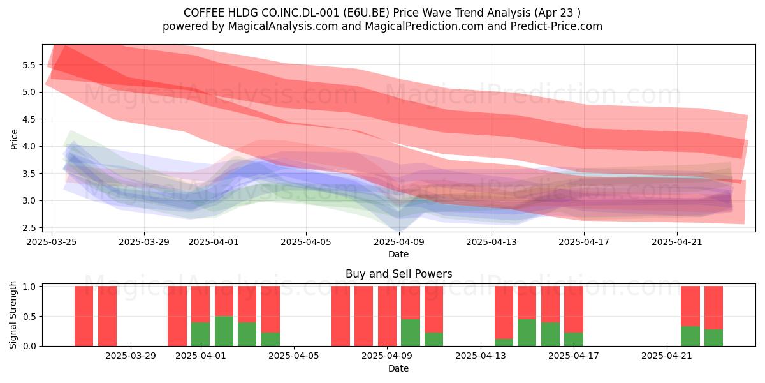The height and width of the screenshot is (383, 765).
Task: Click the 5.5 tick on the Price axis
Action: pyautogui.click(x=29, y=65)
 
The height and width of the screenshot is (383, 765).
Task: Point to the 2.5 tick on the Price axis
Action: pyautogui.click(x=29, y=228)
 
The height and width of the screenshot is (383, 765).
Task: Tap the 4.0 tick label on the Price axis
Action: pyautogui.click(x=29, y=146)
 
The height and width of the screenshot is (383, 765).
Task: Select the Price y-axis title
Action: pyautogui.click(x=14, y=139)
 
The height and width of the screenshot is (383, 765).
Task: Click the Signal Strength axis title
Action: pyautogui.click(x=13, y=315)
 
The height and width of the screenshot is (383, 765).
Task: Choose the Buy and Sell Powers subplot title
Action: pyautogui.click(x=398, y=274)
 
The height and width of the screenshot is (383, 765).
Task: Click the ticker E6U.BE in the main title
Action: pyautogui.click(x=366, y=13)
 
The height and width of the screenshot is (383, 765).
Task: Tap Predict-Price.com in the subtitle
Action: pyautogui.click(x=556, y=26)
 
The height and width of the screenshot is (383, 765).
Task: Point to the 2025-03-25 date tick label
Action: pyautogui.click(x=52, y=242)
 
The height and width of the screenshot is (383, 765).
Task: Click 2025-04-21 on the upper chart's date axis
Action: pyautogui.click(x=677, y=242)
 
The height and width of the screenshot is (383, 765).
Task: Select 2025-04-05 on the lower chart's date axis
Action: pyautogui.click(x=294, y=356)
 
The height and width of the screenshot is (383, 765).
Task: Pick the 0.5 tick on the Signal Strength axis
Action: pyautogui.click(x=29, y=317)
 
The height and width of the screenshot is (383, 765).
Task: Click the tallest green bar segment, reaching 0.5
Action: pyautogui.click(x=224, y=331)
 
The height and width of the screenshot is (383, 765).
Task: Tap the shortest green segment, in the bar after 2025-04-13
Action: pyautogui.click(x=504, y=342)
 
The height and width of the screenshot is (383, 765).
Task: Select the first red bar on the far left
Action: pyautogui.click(x=84, y=316)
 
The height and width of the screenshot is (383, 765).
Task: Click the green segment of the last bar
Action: pyautogui.click(x=713, y=338)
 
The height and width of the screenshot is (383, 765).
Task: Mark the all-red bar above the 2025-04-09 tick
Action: pyautogui.click(x=388, y=316)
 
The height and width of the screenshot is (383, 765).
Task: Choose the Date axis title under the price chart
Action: pyautogui.click(x=398, y=254)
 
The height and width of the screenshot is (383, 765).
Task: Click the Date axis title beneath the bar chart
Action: pyautogui.click(x=398, y=368)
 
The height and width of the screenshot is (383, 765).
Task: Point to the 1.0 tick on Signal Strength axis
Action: pyautogui.click(x=29, y=287)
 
